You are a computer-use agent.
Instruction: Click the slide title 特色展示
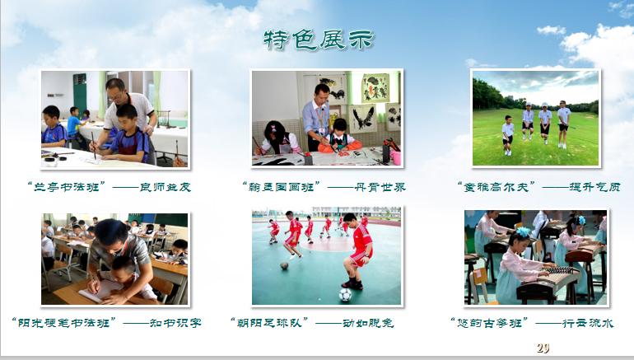pos(318,39)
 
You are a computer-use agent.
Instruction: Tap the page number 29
pos(542,347)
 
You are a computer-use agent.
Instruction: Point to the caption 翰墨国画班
pos(280,187)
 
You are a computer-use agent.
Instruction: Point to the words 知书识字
pos(173,323)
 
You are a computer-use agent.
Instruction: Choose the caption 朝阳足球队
pos(270,323)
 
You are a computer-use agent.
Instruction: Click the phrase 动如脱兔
pos(366,323)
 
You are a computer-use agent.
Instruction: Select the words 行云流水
pos(586,323)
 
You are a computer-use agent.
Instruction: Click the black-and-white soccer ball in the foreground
pos(346,293)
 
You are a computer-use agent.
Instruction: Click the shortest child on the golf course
pos(508,129)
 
